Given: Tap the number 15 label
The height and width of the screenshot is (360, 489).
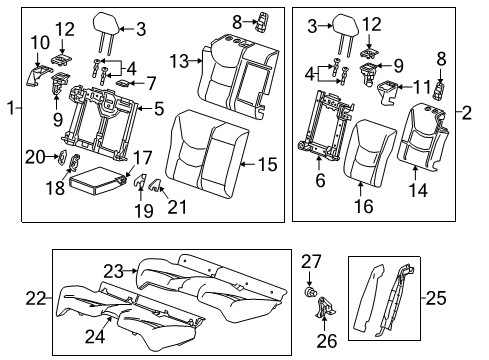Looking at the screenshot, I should (265, 163).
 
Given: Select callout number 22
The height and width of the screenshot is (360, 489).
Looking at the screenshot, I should (37, 299).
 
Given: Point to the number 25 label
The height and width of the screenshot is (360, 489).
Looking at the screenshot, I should (464, 298).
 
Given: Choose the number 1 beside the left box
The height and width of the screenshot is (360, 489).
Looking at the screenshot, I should (9, 108).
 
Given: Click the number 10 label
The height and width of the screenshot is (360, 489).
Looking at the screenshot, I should (39, 42).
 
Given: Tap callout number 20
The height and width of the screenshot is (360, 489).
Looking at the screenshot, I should (34, 156).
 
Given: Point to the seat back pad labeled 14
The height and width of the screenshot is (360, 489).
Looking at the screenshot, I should (432, 140).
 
